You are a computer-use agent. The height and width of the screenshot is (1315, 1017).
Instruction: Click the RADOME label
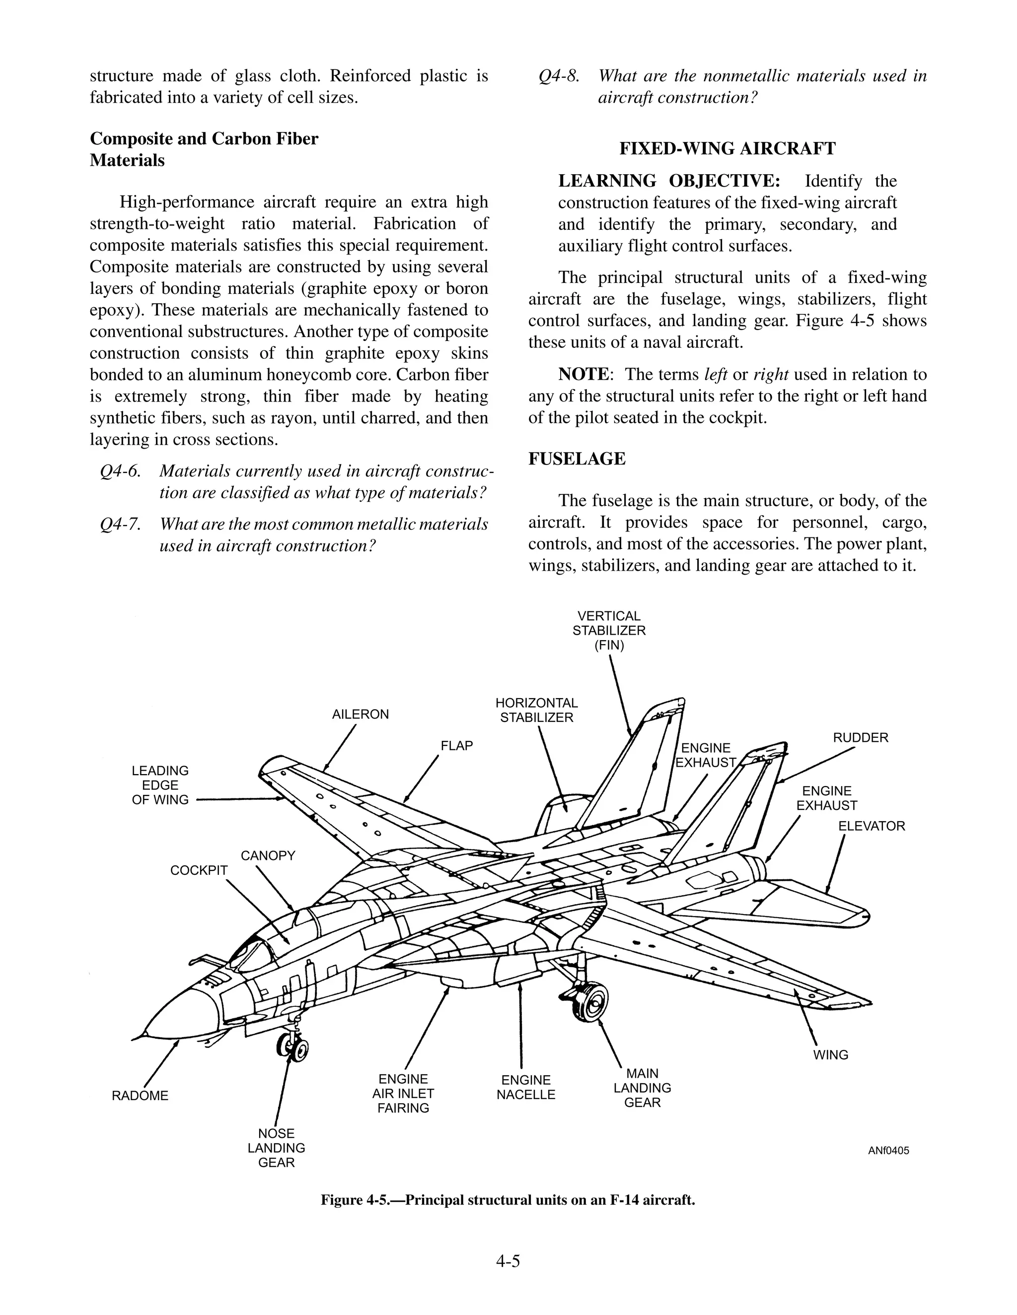(140, 1095)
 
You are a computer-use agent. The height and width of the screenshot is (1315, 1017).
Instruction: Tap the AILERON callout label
(361, 714)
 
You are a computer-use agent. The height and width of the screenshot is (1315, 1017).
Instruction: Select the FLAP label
(457, 745)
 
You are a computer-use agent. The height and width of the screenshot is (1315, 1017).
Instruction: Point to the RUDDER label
(861, 737)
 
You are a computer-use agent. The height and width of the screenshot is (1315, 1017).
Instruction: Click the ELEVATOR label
(871, 826)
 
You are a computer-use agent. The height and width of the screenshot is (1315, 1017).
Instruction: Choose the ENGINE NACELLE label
(525, 1087)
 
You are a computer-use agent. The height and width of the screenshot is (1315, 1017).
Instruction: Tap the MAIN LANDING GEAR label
(642, 1088)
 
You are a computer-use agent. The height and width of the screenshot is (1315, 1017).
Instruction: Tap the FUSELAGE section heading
(577, 459)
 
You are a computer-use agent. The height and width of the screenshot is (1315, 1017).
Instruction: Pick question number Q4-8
(559, 76)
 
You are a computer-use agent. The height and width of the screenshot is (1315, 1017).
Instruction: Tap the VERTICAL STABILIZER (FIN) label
(609, 630)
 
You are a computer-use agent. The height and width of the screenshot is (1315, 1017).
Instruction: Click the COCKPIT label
(199, 870)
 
